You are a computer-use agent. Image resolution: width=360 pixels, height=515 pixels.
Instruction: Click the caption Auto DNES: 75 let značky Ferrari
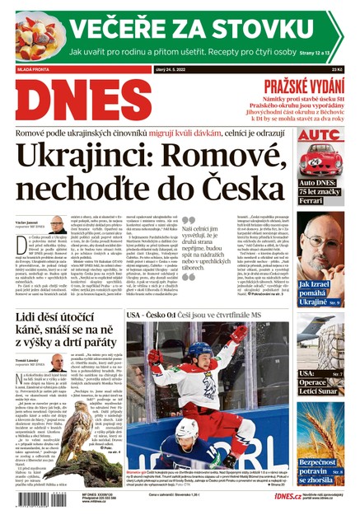click(x=320, y=190)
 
